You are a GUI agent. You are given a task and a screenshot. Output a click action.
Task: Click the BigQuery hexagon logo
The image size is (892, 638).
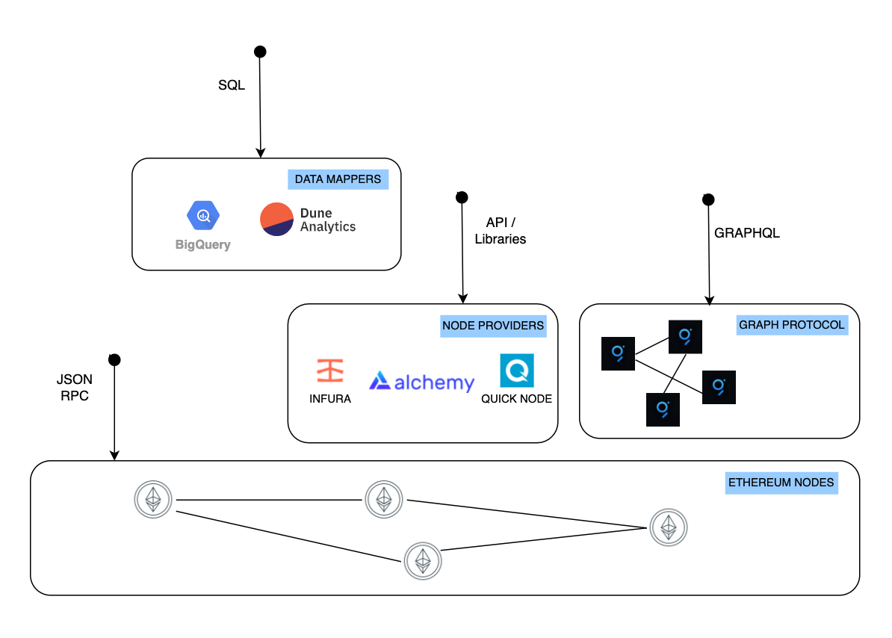(202, 216)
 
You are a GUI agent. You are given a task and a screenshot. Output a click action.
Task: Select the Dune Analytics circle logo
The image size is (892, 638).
(276, 220)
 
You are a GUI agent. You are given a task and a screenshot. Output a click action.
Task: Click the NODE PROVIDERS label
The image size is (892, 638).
(493, 326)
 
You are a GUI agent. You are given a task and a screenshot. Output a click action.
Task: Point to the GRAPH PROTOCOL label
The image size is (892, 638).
(791, 325)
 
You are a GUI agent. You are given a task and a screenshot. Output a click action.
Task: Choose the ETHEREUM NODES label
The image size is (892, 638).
(781, 483)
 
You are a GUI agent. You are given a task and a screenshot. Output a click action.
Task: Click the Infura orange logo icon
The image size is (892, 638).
(329, 371)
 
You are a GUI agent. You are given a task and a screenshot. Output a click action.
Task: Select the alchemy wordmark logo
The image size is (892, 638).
(422, 383)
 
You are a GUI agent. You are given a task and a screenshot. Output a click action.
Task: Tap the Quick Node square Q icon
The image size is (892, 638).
(516, 371)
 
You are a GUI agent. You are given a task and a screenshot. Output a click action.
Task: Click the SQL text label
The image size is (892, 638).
(231, 86)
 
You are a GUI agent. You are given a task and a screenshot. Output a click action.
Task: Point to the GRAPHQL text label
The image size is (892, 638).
(746, 233)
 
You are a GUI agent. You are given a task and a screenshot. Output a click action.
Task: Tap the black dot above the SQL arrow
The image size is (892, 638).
(260, 52)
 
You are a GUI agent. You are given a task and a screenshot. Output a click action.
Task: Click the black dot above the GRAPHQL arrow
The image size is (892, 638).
(708, 199)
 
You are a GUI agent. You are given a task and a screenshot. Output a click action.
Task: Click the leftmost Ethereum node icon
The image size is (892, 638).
(153, 499)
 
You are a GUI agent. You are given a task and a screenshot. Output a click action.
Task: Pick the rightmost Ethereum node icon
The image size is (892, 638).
(668, 527)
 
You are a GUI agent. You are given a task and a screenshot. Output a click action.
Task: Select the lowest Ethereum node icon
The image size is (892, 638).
(423, 560)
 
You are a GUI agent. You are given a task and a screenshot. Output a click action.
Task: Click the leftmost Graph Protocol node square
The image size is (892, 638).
(618, 353)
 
